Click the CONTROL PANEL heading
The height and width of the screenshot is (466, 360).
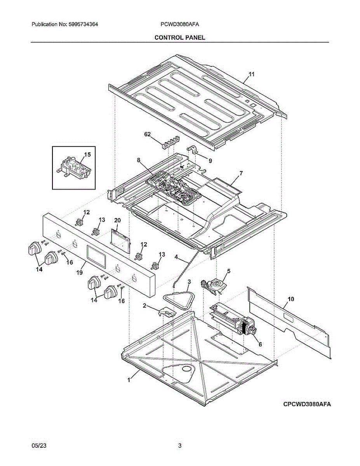tap(180, 37)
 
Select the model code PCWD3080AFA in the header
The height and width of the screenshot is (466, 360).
tap(180, 24)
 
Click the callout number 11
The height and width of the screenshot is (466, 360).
tap(251, 75)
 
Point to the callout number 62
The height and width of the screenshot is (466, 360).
tap(147, 134)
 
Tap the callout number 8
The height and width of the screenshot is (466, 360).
tap(138, 160)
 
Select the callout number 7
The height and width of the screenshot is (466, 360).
tap(241, 173)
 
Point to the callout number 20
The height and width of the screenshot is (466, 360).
tap(117, 221)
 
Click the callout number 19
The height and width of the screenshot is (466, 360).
tap(80, 273)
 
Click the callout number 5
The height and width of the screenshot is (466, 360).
tap(229, 271)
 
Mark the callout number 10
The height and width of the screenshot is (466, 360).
tap(291, 299)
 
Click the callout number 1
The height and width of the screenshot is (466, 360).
tap(129, 381)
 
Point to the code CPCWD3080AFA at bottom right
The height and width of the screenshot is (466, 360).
tap(307, 404)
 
